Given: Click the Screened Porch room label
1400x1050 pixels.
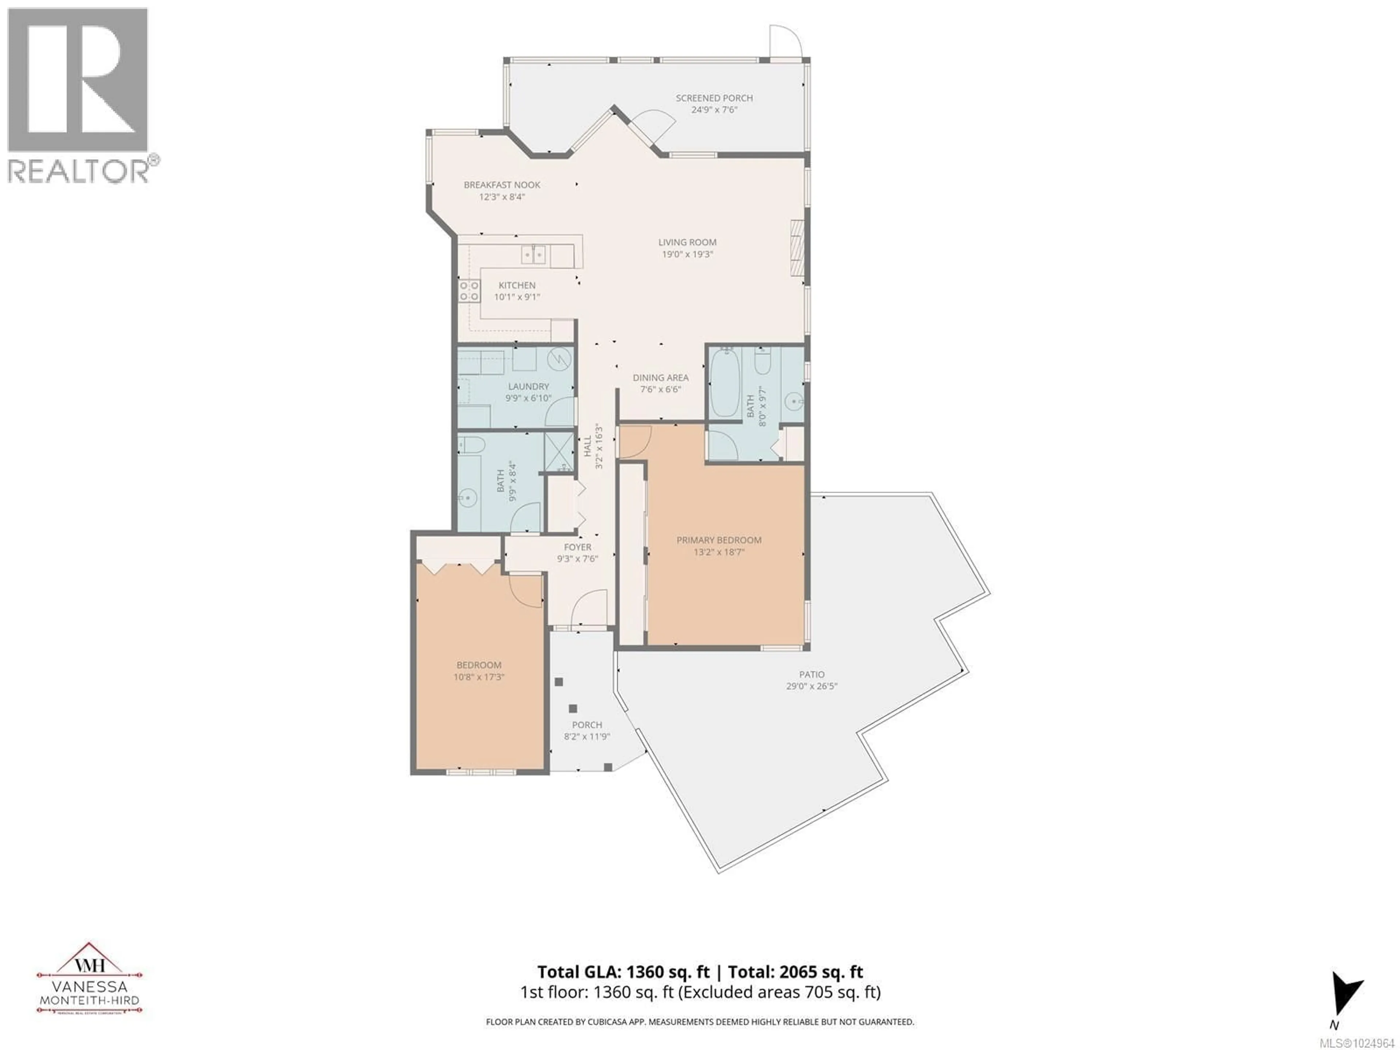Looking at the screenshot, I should click(x=714, y=98).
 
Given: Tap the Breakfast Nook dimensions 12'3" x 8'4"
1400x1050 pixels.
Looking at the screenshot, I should click(x=502, y=197).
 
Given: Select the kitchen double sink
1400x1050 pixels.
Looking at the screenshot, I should click(x=533, y=254).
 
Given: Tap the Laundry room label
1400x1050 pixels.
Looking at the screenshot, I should click(x=529, y=386).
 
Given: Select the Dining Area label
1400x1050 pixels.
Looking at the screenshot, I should click(x=660, y=377).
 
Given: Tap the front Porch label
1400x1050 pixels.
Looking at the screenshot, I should click(x=587, y=725).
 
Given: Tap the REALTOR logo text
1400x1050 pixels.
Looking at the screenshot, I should click(x=79, y=171).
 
